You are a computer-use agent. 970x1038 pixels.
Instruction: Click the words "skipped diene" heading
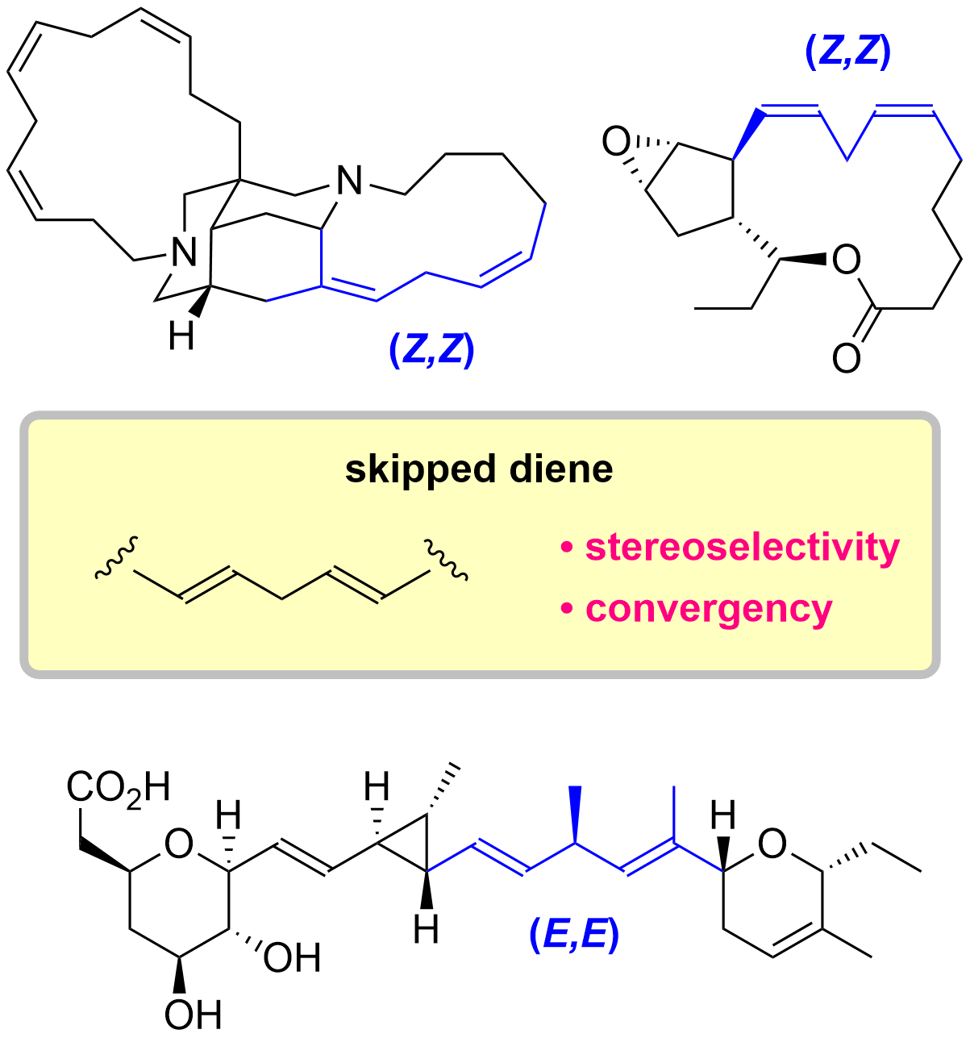[479, 469]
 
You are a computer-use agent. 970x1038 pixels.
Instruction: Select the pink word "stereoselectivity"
[742, 547]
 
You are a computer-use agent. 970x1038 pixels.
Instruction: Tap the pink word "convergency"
[708, 608]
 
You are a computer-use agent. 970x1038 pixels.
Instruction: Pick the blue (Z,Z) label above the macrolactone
[847, 52]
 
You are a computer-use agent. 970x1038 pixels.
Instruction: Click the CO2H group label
[119, 788]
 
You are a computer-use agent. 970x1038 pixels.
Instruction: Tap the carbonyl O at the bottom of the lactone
[846, 357]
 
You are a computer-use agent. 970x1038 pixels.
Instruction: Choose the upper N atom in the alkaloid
[349, 180]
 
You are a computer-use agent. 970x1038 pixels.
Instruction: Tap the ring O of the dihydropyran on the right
[772, 844]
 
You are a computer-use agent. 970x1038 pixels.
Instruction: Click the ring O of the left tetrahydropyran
[178, 844]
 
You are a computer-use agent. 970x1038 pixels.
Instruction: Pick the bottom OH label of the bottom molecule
[194, 1013]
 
